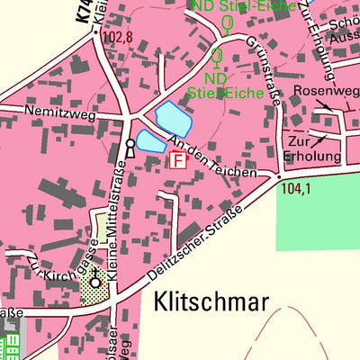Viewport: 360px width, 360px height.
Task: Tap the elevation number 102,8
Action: (x=117, y=38)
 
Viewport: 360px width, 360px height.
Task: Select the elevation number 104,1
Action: (x=294, y=189)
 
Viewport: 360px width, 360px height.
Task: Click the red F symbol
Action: (x=177, y=159)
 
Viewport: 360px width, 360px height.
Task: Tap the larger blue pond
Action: (x=174, y=116)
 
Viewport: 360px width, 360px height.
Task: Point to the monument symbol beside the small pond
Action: (x=130, y=147)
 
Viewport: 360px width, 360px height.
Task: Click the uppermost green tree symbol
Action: (x=228, y=23)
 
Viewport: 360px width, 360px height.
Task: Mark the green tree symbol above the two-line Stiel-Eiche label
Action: (x=216, y=58)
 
